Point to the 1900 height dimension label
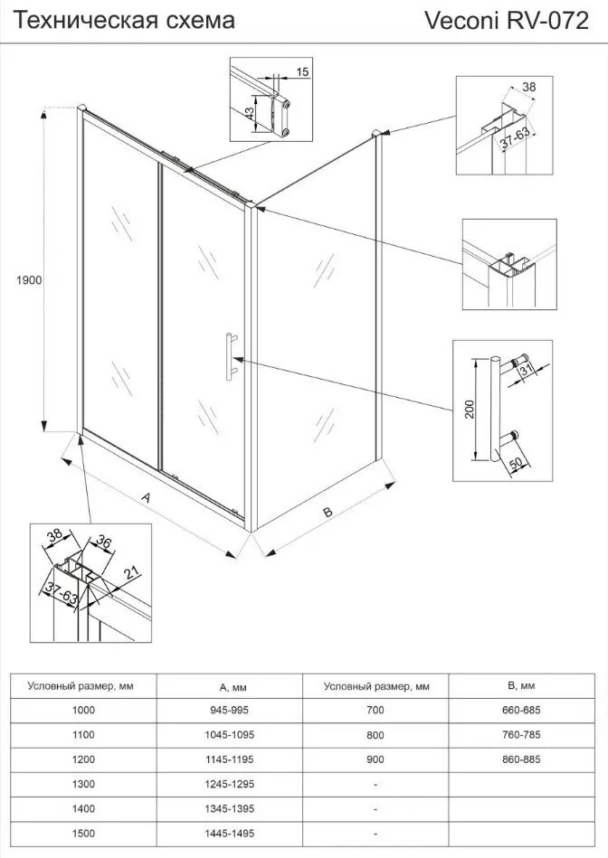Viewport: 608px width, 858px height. [x=29, y=280]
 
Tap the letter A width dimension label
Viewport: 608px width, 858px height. [x=145, y=497]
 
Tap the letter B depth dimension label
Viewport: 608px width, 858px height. [x=328, y=512]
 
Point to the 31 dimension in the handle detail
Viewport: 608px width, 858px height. [x=531, y=369]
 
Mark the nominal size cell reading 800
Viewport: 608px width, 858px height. [x=375, y=735]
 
